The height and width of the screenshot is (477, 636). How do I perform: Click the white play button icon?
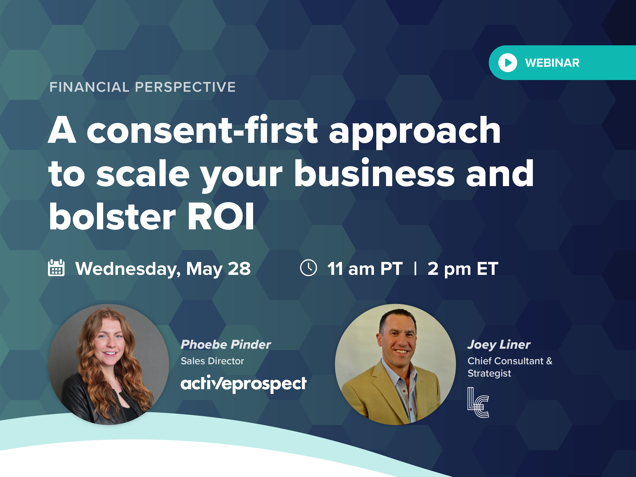tap(507, 63)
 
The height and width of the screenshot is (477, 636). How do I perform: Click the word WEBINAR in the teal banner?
tap(552, 63)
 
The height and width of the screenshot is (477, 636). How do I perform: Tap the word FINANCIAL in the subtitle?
tap(89, 87)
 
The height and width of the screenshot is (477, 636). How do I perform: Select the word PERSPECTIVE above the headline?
tap(185, 87)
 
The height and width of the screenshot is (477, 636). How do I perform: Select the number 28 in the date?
tap(239, 268)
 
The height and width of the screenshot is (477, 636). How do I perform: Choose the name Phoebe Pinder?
tap(226, 344)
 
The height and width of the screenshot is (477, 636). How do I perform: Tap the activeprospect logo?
tap(244, 384)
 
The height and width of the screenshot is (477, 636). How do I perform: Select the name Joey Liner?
tap(499, 344)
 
